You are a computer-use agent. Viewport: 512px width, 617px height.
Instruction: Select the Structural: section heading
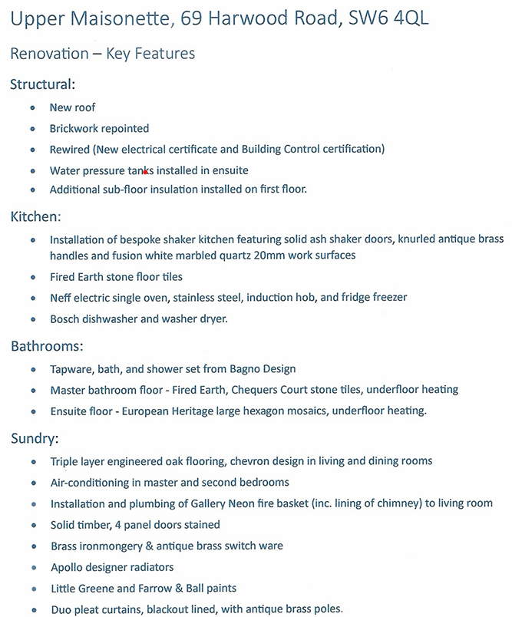pos(42,84)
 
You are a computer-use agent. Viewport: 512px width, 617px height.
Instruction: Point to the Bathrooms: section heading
pos(47,346)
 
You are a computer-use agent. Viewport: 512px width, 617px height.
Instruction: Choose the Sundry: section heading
pos(35,439)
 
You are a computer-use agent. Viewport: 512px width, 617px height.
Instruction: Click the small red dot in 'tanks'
pos(145,172)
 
